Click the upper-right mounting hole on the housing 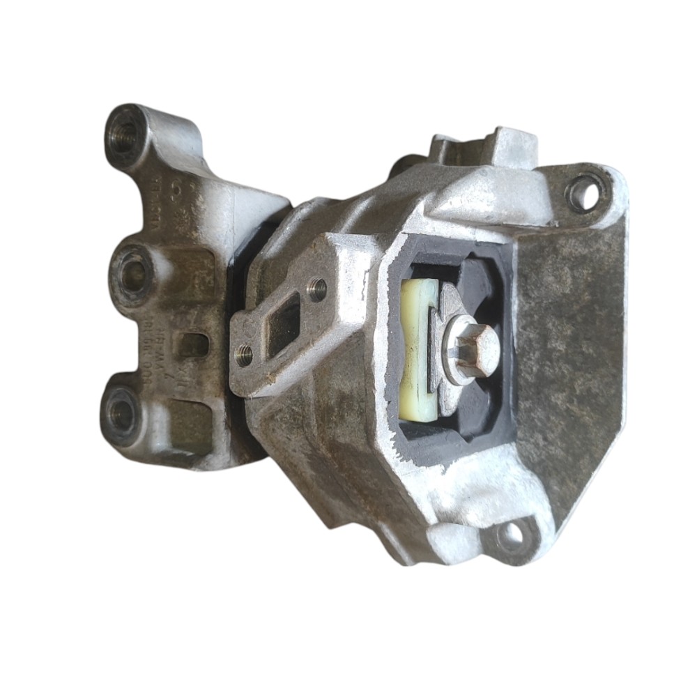click(583, 191)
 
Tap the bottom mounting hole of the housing click(513, 536)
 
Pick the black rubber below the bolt click(467, 425)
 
